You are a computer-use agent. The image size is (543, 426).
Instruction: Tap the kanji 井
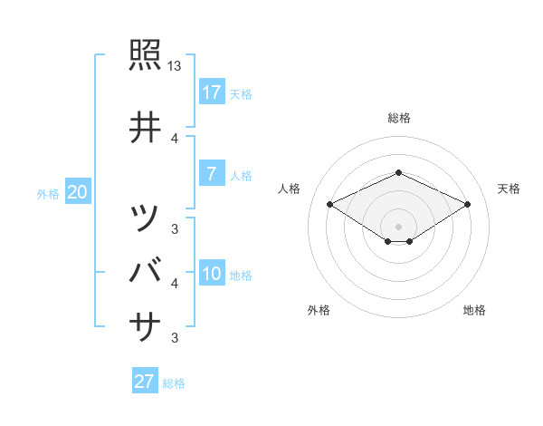pyautogui.click(x=146, y=127)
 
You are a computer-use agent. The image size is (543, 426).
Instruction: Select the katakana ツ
pyautogui.click(x=146, y=218)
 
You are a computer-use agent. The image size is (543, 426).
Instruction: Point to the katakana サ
pyautogui.click(x=146, y=324)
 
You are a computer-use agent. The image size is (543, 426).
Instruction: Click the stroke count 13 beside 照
pyautogui.click(x=175, y=66)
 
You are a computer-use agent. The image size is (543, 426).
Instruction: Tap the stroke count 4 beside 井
pyautogui.click(x=175, y=138)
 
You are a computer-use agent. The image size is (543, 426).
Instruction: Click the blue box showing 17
pyautogui.click(x=211, y=92)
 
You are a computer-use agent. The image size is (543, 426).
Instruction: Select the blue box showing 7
pyautogui.click(x=211, y=174)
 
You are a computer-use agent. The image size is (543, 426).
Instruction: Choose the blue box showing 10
pyautogui.click(x=211, y=275)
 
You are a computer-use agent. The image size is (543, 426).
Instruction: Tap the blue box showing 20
pyautogui.click(x=77, y=192)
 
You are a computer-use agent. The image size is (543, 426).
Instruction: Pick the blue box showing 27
pyautogui.click(x=145, y=382)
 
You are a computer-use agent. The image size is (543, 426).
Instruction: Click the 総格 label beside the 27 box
pyautogui.click(x=174, y=383)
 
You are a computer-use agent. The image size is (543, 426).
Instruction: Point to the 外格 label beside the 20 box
pyautogui.click(x=47, y=193)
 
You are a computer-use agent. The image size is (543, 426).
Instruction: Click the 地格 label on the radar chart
pyautogui.click(x=474, y=310)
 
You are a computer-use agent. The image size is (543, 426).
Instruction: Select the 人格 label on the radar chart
pyautogui.click(x=291, y=189)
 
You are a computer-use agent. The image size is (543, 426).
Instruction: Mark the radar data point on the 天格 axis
pyautogui.click(x=468, y=204)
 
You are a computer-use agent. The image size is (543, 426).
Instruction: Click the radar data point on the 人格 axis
pyautogui.click(x=329, y=204)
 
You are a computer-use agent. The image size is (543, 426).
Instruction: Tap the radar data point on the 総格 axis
pyautogui.click(x=398, y=172)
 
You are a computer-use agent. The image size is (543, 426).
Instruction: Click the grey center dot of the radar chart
pyautogui.click(x=398, y=226)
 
